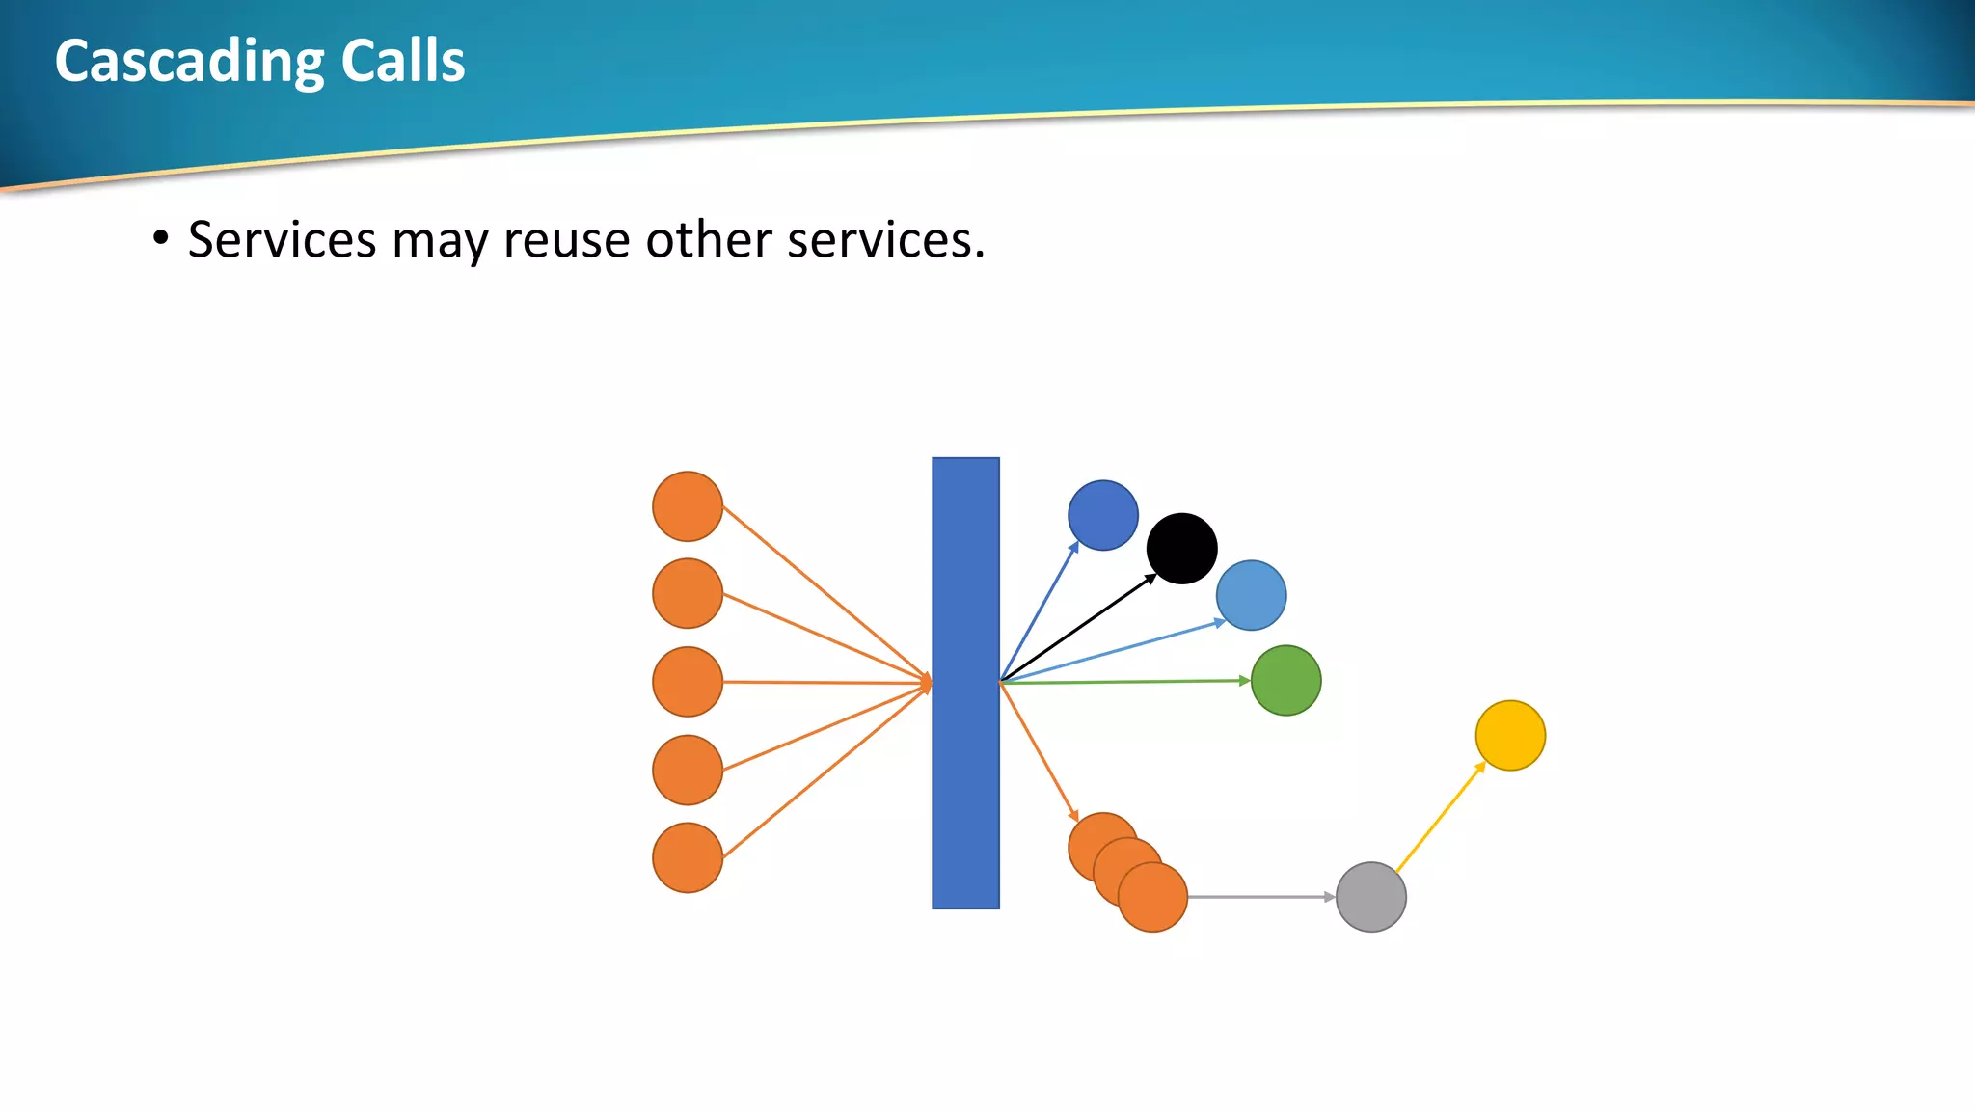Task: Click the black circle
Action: point(1181,548)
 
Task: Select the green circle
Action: point(1285,680)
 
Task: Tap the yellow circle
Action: point(1510,735)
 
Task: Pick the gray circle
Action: point(1370,897)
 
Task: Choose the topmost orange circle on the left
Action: point(688,506)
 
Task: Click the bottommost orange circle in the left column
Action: point(688,857)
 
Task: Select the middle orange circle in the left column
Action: point(688,682)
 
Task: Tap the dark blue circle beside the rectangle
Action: point(1103,515)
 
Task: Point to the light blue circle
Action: point(1251,595)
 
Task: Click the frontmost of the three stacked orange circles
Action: point(1154,899)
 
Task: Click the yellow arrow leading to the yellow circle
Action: point(1440,818)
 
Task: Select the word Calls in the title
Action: point(403,62)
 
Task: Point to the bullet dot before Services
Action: point(161,237)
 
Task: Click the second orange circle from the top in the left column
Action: point(688,593)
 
